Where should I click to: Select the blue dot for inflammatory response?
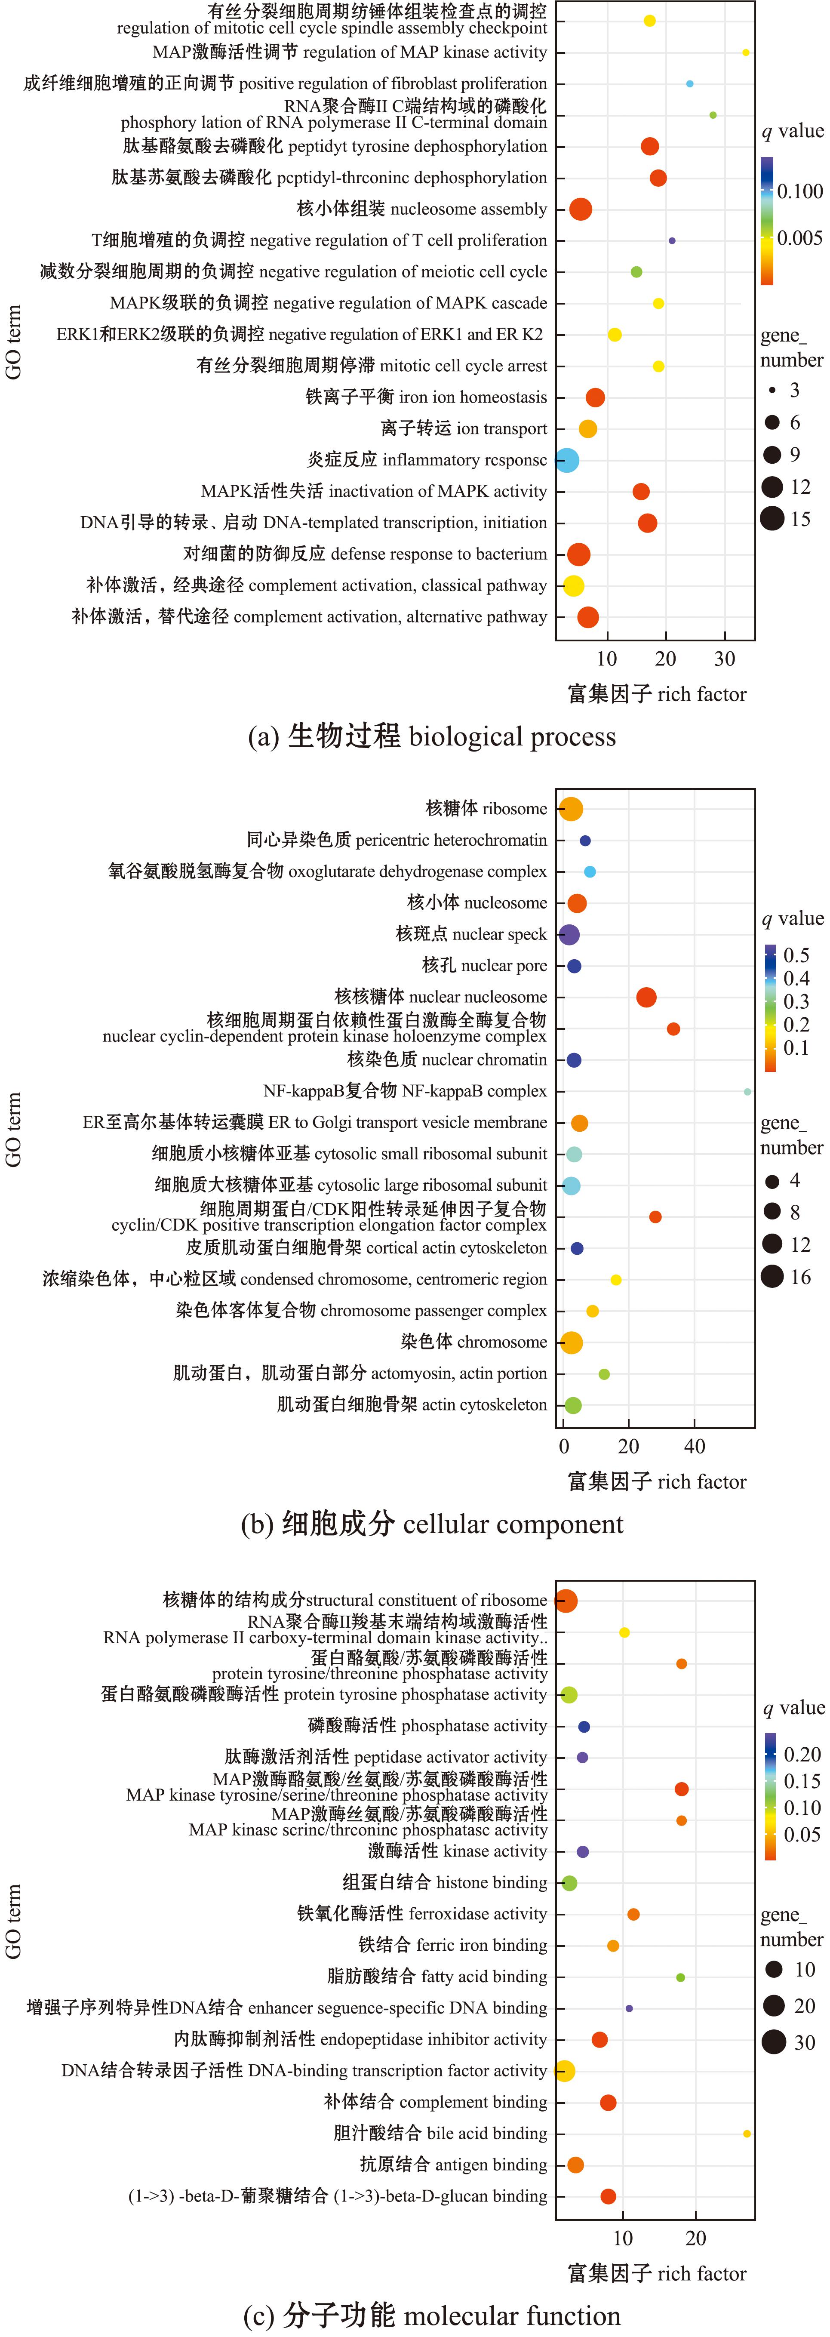[567, 460]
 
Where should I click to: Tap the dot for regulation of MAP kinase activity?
[746, 52]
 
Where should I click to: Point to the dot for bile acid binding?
[747, 2134]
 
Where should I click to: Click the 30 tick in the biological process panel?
[725, 659]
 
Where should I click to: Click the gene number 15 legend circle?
[772, 519]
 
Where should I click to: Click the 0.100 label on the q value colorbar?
[800, 191]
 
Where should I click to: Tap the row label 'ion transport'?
[464, 428]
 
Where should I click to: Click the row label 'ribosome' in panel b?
[486, 808]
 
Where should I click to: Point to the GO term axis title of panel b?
[14, 1130]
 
